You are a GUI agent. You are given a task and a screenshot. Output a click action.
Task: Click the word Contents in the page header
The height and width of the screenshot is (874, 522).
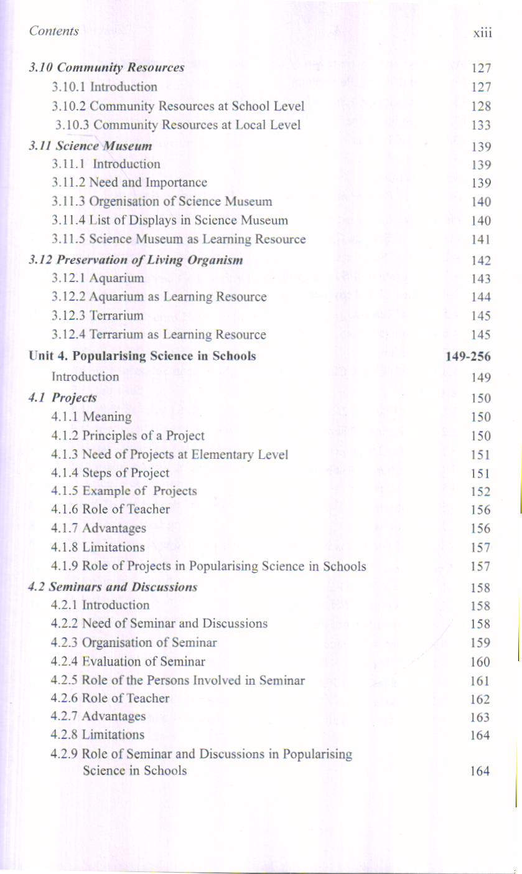tap(54, 31)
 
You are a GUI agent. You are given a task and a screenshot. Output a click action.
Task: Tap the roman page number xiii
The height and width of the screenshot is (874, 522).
tap(482, 33)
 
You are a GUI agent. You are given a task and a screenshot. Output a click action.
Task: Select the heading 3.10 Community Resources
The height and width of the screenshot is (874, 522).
tap(106, 68)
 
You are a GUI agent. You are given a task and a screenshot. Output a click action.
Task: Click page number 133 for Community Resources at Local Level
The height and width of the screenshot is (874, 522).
tap(482, 126)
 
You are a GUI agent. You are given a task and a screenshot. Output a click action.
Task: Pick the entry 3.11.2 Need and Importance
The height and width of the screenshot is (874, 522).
tap(130, 182)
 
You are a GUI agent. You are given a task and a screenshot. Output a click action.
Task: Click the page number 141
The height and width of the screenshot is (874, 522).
tap(482, 240)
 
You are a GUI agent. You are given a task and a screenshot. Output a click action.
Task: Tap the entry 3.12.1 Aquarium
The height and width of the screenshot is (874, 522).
tap(98, 278)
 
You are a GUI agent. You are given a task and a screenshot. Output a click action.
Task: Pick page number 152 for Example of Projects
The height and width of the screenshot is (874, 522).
tap(482, 492)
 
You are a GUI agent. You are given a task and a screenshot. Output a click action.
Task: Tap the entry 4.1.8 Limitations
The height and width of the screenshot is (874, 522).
tap(99, 548)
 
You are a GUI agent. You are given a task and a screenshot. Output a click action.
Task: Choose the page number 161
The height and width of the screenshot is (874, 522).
tap(482, 680)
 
